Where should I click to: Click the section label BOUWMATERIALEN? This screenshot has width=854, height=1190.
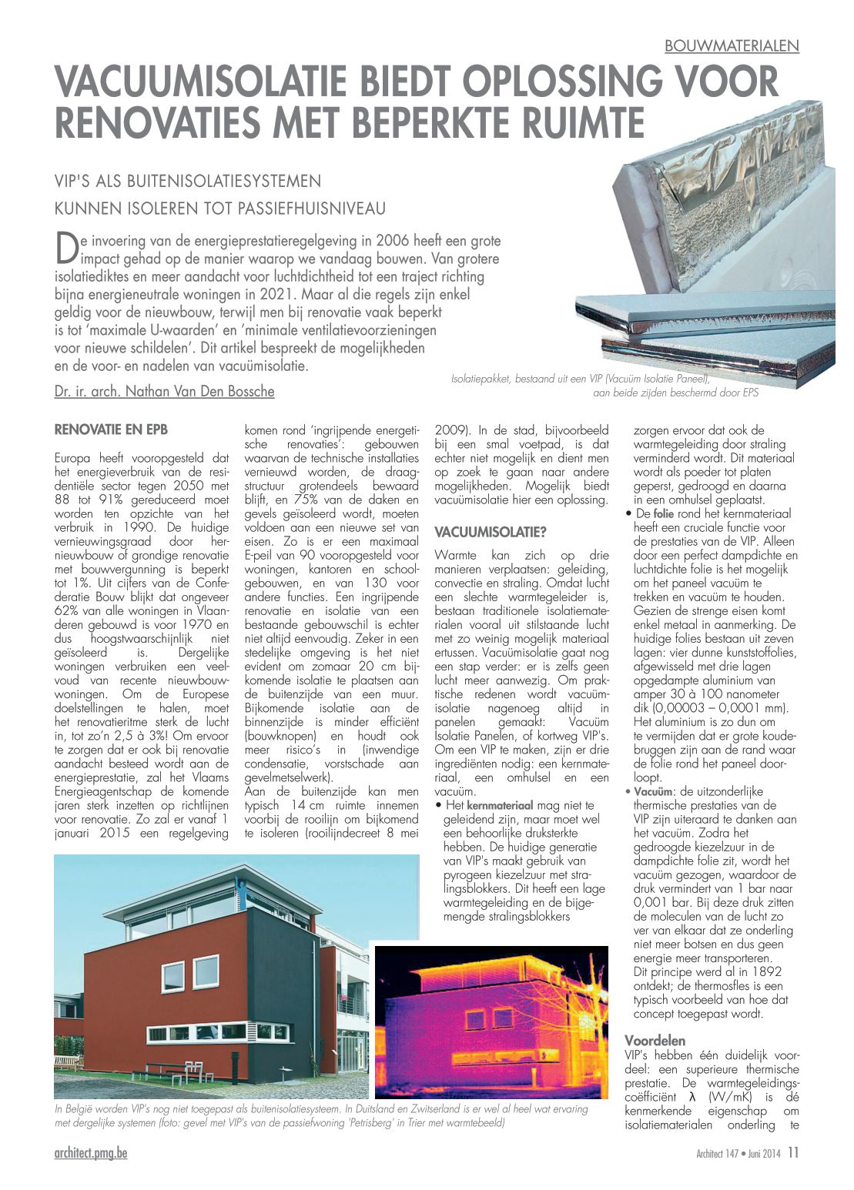pyautogui.click(x=732, y=46)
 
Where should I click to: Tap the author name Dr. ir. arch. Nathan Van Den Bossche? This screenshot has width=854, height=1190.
pyautogui.click(x=164, y=391)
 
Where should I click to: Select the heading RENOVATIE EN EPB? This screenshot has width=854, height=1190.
pyautogui.click(x=111, y=430)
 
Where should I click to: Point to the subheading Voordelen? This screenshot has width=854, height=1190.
pyautogui.click(x=655, y=1041)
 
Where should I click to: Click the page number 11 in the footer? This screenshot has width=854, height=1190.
pyautogui.click(x=793, y=1152)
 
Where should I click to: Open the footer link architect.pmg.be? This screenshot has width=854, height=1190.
pyautogui.click(x=91, y=1152)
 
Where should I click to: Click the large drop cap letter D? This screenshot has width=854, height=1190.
pyautogui.click(x=66, y=246)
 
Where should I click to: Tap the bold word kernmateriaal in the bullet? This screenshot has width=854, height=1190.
pyautogui.click(x=500, y=805)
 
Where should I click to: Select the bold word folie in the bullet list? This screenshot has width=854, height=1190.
pyautogui.click(x=663, y=513)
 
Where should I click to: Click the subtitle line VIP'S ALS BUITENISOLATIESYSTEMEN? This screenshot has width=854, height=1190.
pyautogui.click(x=187, y=182)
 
